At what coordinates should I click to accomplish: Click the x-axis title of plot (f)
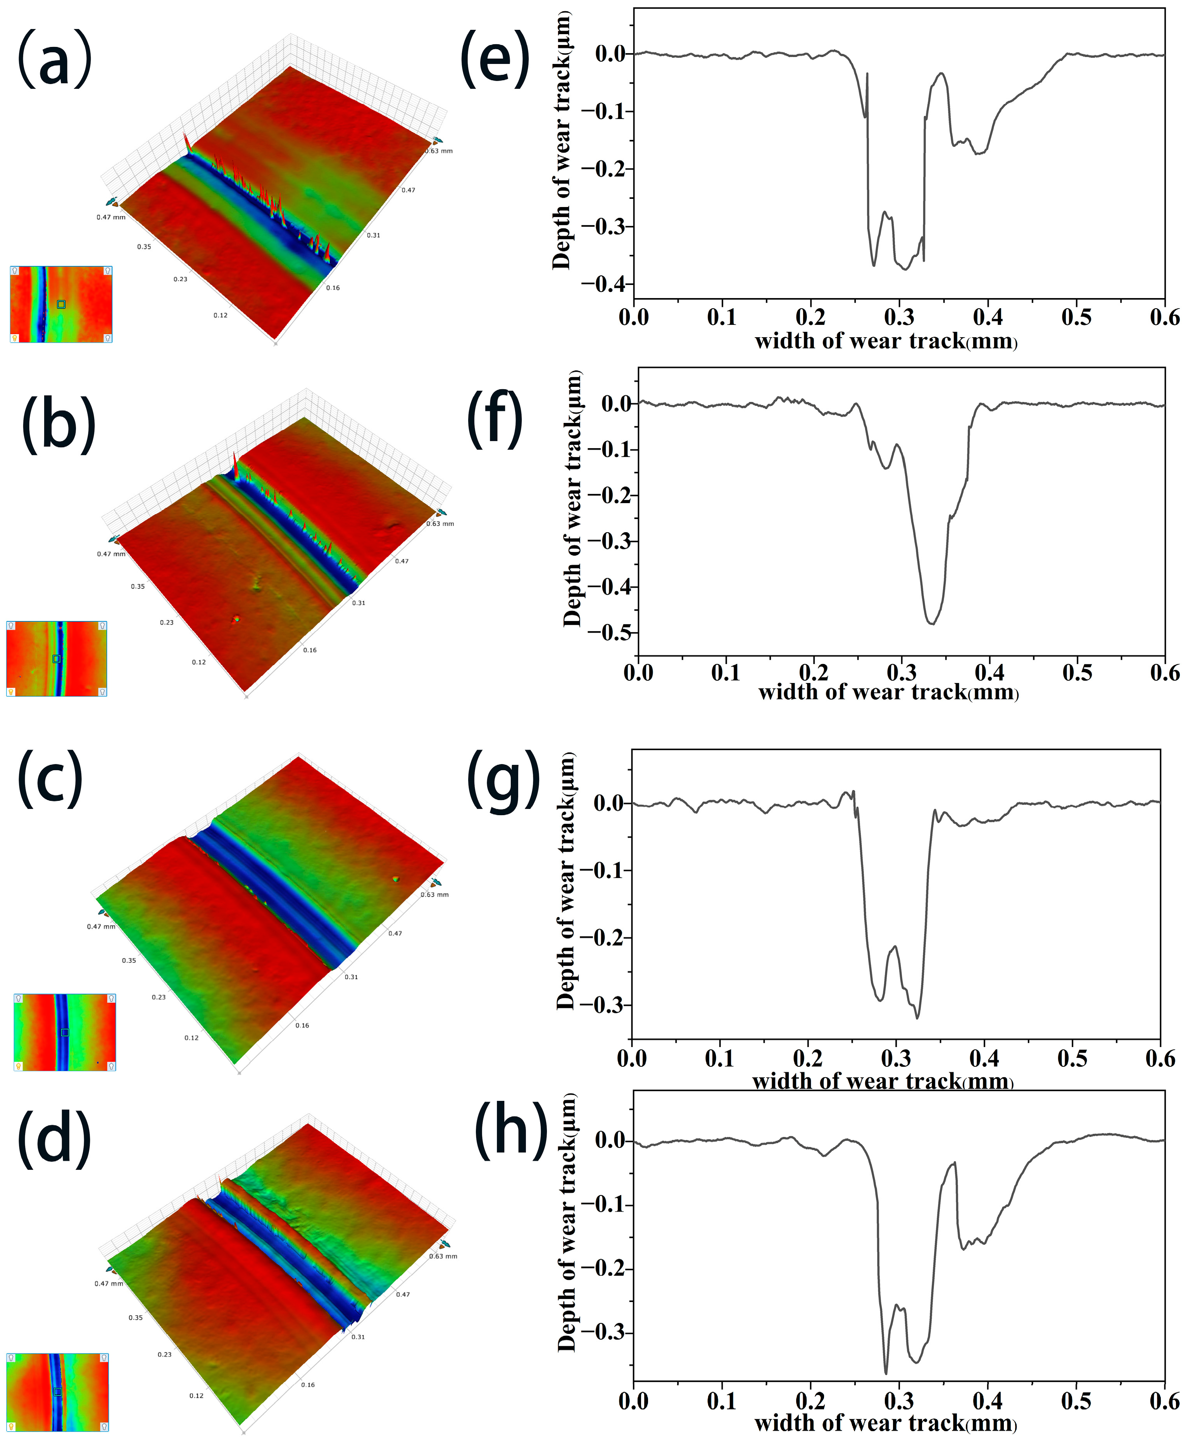pos(888,693)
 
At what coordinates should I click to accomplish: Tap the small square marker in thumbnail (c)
pos(65,1032)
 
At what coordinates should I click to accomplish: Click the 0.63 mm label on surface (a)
pos(439,151)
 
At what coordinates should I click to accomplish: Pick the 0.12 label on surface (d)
pos(196,1395)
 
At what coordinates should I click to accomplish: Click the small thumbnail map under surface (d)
pos(57,1392)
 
